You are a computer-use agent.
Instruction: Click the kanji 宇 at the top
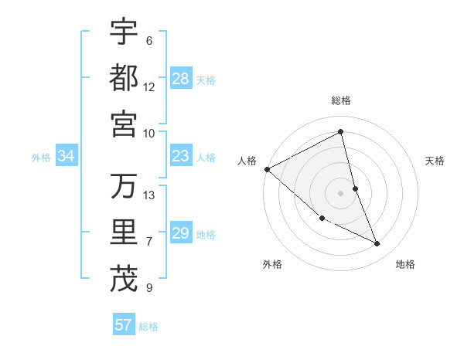point(124,32)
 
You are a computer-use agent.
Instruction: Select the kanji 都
point(124,78)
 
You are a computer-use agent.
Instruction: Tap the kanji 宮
point(124,124)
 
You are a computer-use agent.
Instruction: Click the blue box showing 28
point(181,78)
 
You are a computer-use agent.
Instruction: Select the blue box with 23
point(181,157)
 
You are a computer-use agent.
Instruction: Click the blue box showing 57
point(124,325)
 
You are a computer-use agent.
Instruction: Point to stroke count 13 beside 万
point(149,195)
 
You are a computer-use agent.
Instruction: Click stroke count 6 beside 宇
point(148,40)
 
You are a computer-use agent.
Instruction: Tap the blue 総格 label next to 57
point(148,327)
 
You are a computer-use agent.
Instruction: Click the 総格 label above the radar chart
point(341,101)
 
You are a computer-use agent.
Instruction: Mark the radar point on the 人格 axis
point(267,169)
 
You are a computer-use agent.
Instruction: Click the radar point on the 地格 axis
point(377,244)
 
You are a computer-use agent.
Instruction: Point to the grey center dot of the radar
point(341,192)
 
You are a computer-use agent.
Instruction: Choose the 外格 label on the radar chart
point(272,265)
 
